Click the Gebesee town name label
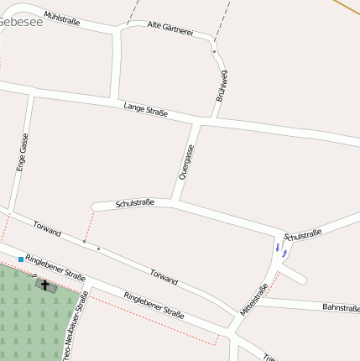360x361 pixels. pyautogui.click(x=20, y=23)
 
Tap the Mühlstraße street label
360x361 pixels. pyautogui.click(x=61, y=17)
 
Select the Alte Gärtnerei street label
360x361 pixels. pyautogui.click(x=170, y=29)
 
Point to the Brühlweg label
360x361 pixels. pyautogui.click(x=222, y=86)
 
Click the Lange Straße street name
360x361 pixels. pyautogui.click(x=145, y=108)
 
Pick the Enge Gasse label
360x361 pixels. pyautogui.click(x=23, y=152)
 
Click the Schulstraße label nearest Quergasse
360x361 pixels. pyautogui.click(x=135, y=203)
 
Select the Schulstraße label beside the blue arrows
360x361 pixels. pyautogui.click(x=303, y=235)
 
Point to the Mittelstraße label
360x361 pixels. pyautogui.click(x=253, y=299)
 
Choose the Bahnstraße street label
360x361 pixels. pyautogui.click(x=341, y=308)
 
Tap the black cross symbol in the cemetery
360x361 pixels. pyautogui.click(x=45, y=285)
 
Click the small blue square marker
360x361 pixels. pyautogui.click(x=21, y=259)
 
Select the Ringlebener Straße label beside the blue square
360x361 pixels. pyautogui.click(x=55, y=267)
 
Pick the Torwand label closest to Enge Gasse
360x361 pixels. pyautogui.click(x=47, y=227)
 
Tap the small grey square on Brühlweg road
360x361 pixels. pyautogui.click(x=214, y=52)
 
